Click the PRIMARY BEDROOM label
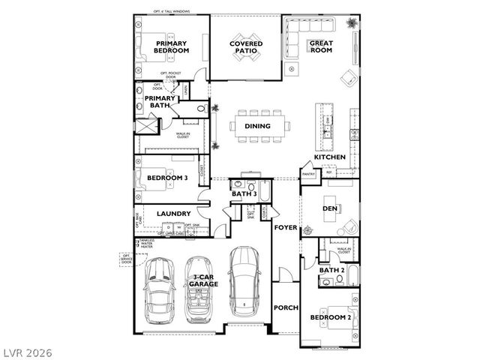point(172,47)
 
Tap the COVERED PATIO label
point(246,47)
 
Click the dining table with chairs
point(258,125)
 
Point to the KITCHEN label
point(330,157)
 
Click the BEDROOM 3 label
point(167,178)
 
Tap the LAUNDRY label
point(171,214)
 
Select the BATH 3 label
point(244,194)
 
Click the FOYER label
point(286,226)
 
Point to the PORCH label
point(286,307)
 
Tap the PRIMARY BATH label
point(159,101)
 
